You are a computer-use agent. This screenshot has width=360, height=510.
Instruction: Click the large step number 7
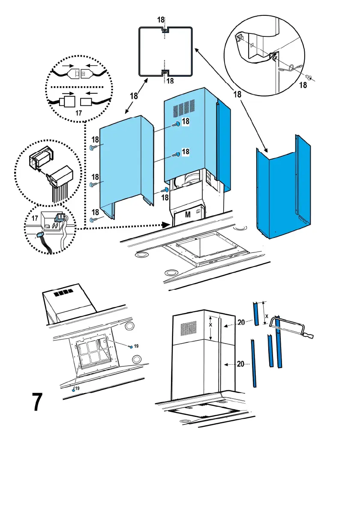(x=38, y=402)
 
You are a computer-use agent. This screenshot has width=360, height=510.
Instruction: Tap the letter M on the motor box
(x=188, y=215)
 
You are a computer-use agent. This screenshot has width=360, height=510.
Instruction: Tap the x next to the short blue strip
(x=267, y=316)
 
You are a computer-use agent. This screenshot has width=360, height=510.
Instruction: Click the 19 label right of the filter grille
(x=137, y=345)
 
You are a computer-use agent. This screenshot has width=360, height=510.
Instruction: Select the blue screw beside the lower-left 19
(x=74, y=389)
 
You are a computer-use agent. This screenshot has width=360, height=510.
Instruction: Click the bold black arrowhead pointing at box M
(x=166, y=225)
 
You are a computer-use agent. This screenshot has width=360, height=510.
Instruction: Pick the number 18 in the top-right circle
(x=303, y=85)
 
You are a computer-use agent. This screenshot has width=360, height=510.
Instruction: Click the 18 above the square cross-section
(x=161, y=20)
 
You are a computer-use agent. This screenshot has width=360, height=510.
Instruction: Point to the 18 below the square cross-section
(x=170, y=81)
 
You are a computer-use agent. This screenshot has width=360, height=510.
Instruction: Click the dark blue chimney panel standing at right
(x=281, y=193)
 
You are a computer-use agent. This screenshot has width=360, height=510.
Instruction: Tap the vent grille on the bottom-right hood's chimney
(x=189, y=329)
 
